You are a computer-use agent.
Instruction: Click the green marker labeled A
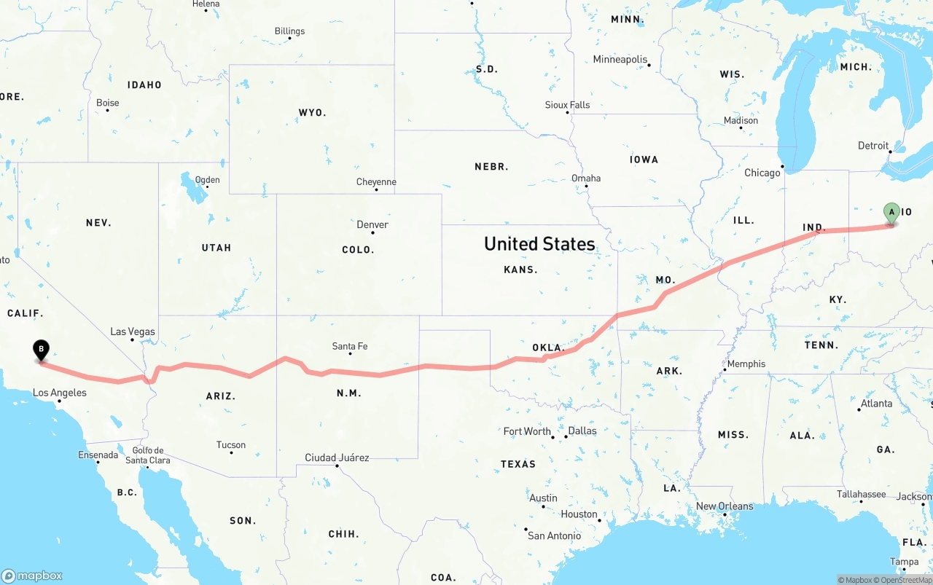[x=891, y=213]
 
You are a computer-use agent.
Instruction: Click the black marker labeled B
[x=42, y=350]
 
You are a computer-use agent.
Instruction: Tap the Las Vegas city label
[x=133, y=331]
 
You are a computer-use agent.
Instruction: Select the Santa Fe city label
[x=350, y=346]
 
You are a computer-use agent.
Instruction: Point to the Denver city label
[x=372, y=224]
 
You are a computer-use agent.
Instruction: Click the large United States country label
[x=539, y=243]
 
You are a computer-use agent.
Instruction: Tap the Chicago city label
[x=762, y=173]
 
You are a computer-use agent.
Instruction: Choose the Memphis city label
[x=746, y=364]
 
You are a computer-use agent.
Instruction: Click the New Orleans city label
[x=725, y=506]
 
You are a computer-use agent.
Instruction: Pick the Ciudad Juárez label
[x=337, y=458]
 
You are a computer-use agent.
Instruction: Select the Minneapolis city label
[x=620, y=59]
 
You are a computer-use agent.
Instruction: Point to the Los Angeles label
[x=60, y=393]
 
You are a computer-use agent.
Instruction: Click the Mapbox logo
[x=32, y=576]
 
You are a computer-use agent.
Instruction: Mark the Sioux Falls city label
[x=568, y=105]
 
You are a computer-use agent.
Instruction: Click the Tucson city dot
[x=231, y=453]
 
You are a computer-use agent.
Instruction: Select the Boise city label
[x=108, y=103]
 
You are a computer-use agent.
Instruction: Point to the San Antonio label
[x=555, y=535]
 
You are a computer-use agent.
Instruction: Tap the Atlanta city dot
[x=859, y=409]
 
